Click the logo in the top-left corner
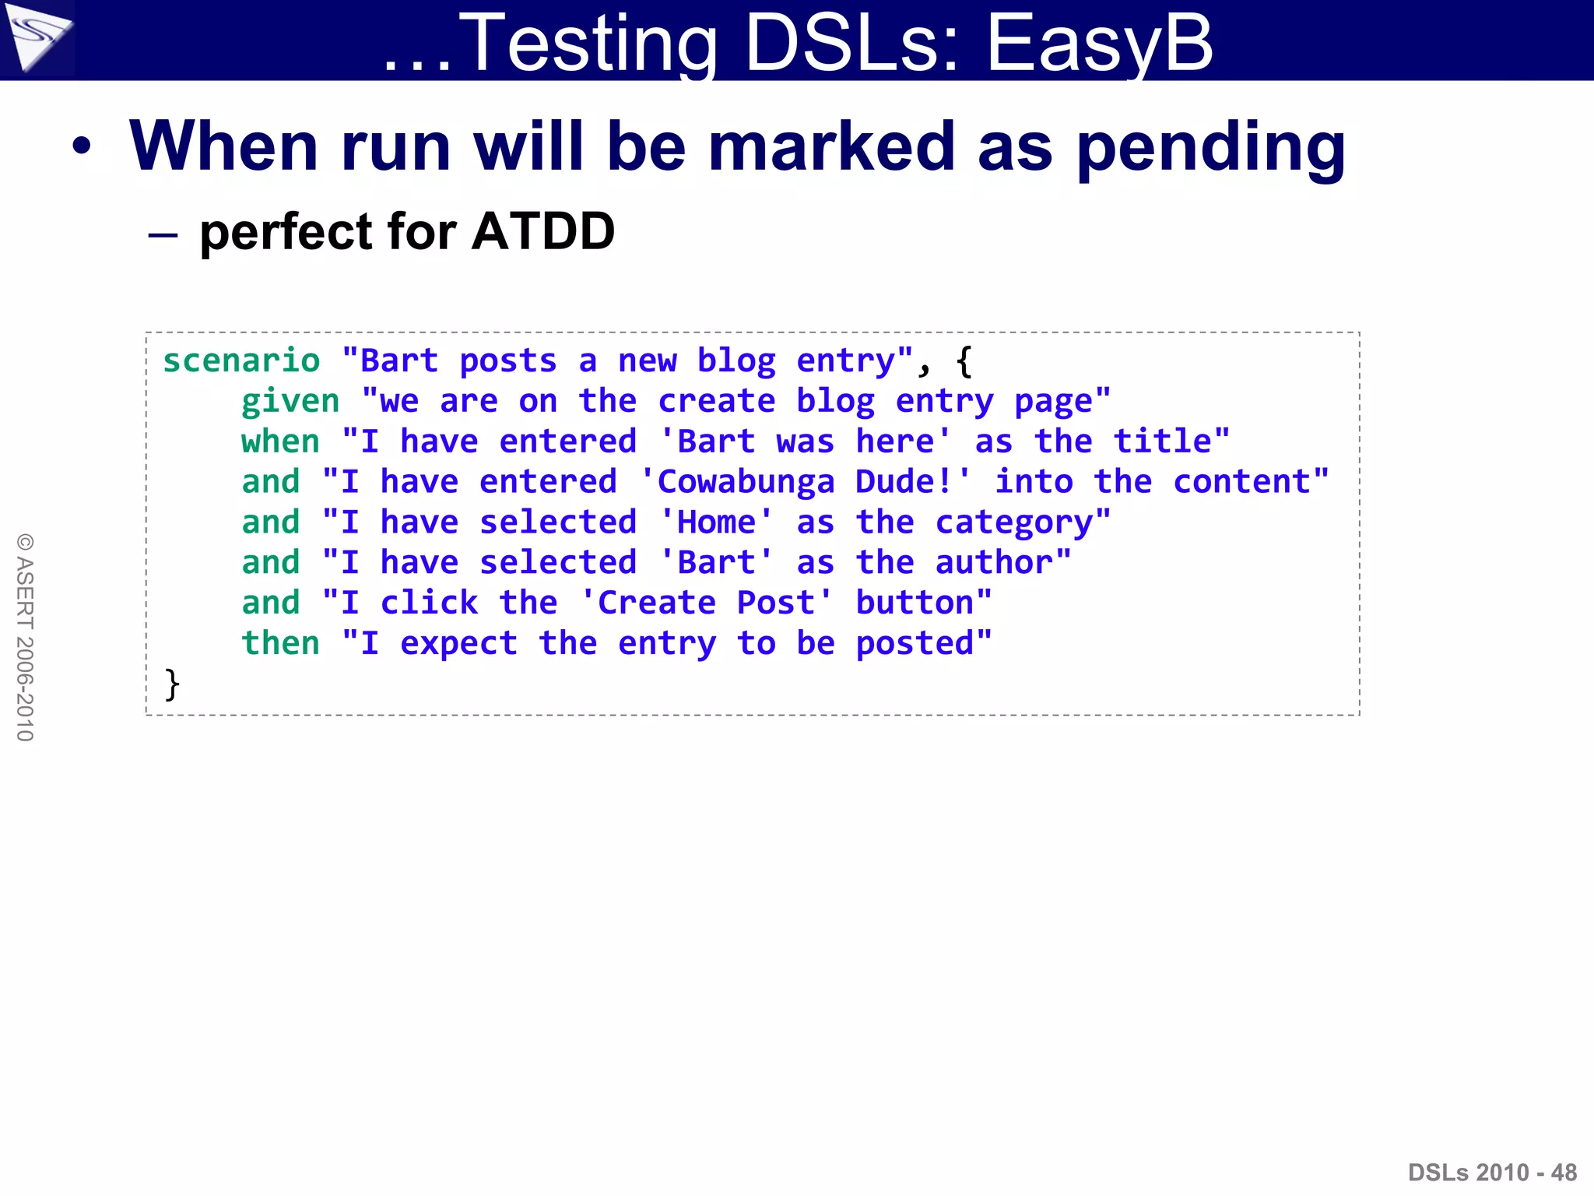click(37, 37)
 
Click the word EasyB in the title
click(1099, 43)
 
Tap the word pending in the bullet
click(1211, 148)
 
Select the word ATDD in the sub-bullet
click(543, 231)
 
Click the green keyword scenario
click(241, 361)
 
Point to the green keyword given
click(290, 402)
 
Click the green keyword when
click(280, 441)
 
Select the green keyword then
click(280, 643)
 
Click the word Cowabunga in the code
click(746, 482)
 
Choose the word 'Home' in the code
click(716, 522)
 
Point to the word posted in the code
click(915, 644)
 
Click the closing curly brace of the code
click(172, 684)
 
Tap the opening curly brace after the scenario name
click(964, 361)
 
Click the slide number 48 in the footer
click(1564, 1173)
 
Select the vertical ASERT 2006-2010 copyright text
click(25, 637)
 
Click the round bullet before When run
click(82, 146)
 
